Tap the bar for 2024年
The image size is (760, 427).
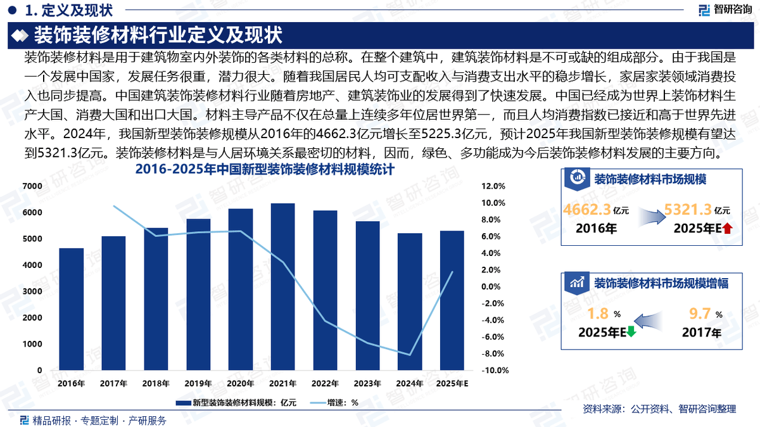click(410, 302)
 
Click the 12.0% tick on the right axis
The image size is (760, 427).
click(493, 186)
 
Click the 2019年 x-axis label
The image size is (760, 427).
click(198, 383)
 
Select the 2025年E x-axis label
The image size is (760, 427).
click(452, 383)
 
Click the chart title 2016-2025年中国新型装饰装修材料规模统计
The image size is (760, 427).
click(265, 170)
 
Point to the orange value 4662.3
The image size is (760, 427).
click(587, 210)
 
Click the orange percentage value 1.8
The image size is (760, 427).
click(598, 314)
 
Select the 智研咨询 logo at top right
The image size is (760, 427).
click(725, 10)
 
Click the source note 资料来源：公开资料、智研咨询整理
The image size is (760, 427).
click(659, 409)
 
